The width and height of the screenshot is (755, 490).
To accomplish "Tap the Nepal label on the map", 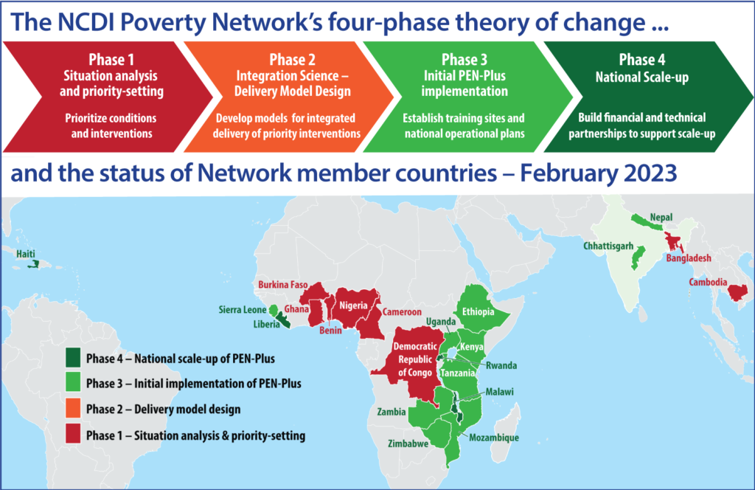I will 661,218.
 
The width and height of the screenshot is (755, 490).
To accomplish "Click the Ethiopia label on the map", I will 478,311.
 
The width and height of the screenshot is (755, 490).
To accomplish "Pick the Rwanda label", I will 501,365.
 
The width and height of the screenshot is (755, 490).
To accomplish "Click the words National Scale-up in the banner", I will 641,75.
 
